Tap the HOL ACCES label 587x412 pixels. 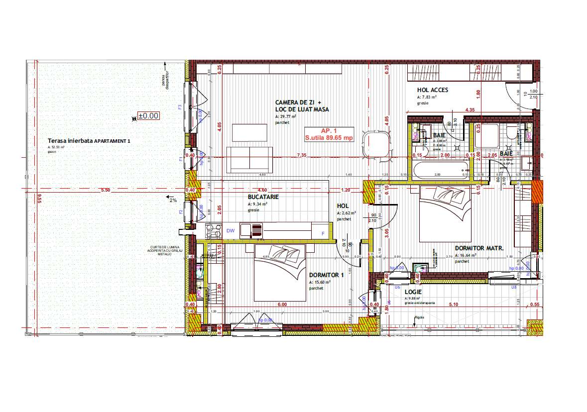coord(432,90)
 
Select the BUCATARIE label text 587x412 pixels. coord(263,197)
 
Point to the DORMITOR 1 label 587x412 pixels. coord(326,275)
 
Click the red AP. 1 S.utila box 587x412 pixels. coord(329,134)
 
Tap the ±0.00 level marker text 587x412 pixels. coord(148,115)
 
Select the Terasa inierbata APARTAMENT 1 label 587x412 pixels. coord(89,141)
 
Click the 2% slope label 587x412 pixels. coord(173,200)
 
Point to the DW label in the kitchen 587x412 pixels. coord(231,231)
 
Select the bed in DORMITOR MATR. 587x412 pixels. coord(444,214)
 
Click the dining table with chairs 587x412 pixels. coord(376,145)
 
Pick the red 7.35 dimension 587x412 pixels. coord(300,155)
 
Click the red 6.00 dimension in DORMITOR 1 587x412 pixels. coord(282,304)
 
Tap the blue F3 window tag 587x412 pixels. coord(180,107)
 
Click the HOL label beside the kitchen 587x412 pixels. coord(343,206)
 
